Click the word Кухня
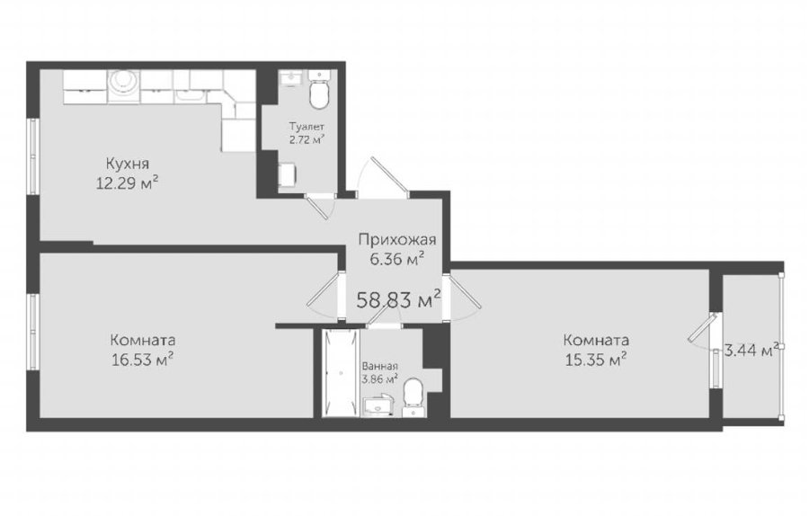coord(128,165)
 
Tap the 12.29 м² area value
coord(127,182)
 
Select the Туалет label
coord(307,127)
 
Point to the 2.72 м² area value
coord(307,139)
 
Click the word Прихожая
coord(397,239)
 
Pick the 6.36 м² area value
coord(397,258)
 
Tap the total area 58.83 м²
coord(399,298)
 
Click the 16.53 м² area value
coord(142,360)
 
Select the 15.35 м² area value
coord(596,360)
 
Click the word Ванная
coord(379,367)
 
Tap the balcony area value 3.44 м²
coord(751,351)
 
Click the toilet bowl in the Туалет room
coord(319,93)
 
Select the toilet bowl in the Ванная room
coord(413,395)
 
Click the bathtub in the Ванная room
coord(340,373)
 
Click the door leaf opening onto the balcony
coord(702,327)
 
